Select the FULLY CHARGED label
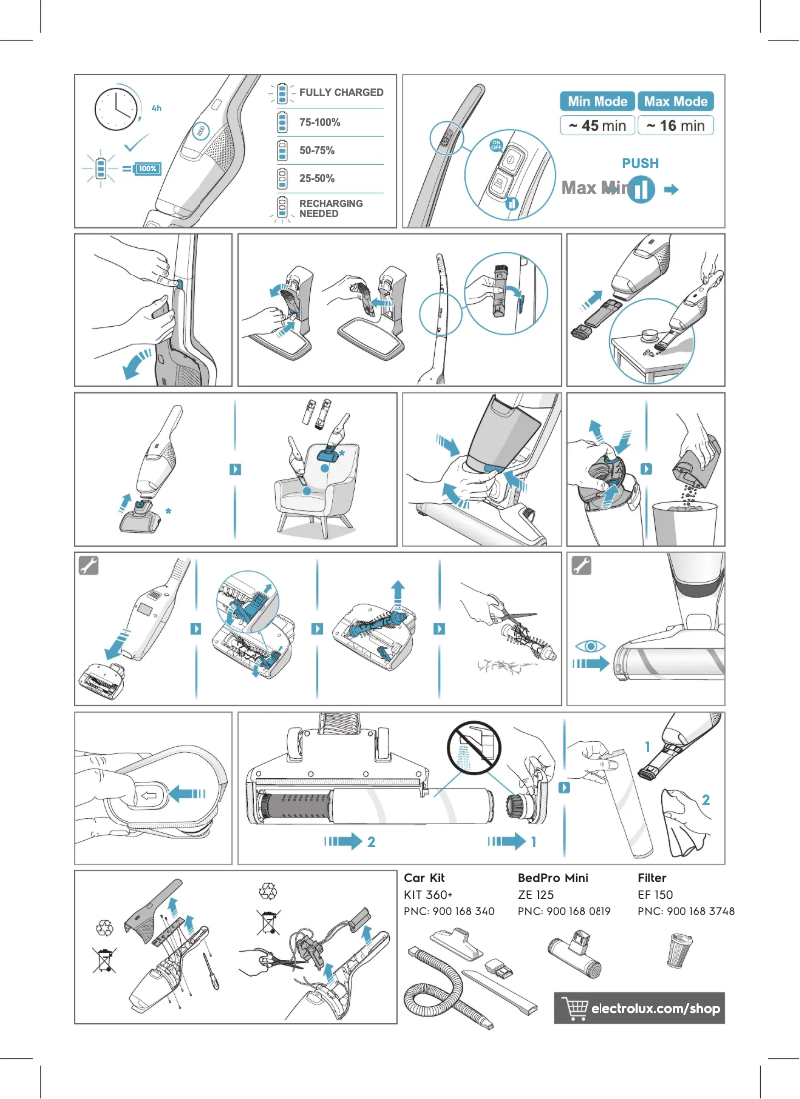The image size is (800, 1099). (341, 92)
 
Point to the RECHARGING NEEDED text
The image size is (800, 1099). (331, 208)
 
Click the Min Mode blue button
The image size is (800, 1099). (598, 101)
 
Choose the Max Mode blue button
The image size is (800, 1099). (676, 101)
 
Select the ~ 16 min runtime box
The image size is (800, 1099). (676, 126)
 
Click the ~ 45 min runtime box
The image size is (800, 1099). (598, 126)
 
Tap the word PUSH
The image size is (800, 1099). (640, 163)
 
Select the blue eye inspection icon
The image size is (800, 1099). (591, 646)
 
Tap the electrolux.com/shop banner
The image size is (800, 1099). (638, 1009)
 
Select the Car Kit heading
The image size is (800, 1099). (424, 878)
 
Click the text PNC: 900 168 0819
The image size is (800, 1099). (565, 912)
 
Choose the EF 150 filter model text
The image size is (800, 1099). (655, 895)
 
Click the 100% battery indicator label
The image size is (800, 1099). (148, 169)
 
